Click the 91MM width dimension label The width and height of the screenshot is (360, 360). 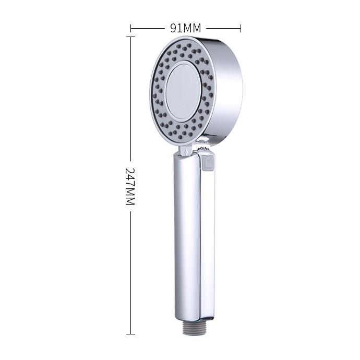(x=186, y=28)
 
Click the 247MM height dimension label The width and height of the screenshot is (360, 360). (x=130, y=186)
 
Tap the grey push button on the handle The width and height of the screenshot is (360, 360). (x=209, y=163)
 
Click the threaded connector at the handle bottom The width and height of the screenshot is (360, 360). (x=194, y=327)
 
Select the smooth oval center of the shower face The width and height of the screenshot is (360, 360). (x=183, y=92)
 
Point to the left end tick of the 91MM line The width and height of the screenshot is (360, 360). (x=130, y=29)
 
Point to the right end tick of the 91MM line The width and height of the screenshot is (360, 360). (x=241, y=29)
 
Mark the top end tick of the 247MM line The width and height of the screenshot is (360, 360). (x=130, y=37)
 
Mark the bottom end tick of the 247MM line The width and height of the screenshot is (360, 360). (x=130, y=334)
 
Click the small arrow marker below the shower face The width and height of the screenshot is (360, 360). (x=186, y=151)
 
